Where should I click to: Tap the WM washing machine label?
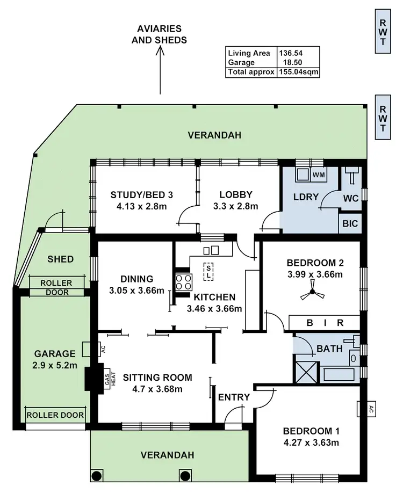pyautogui.click(x=319, y=175)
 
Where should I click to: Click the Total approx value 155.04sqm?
pyautogui.click(x=299, y=72)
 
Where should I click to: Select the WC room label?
pyautogui.click(x=350, y=198)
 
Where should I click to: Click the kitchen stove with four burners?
pyautogui.click(x=183, y=282)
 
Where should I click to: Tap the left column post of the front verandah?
pyautogui.click(x=97, y=475)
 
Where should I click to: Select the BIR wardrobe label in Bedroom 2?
pyautogui.click(x=325, y=323)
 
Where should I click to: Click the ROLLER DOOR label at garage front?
pyautogui.click(x=55, y=415)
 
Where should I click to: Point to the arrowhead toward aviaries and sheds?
pyautogui.click(x=160, y=52)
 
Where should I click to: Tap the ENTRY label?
pyautogui.click(x=234, y=397)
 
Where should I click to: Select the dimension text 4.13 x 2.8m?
pyautogui.click(x=142, y=206)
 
